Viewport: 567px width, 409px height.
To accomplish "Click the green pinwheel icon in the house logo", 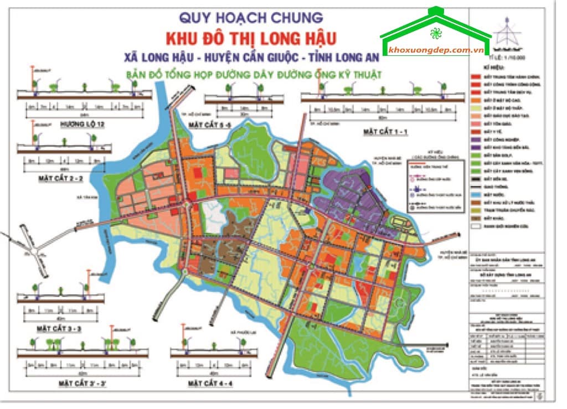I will tap(436, 32).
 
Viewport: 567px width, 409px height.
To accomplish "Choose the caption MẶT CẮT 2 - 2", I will tap(61, 179).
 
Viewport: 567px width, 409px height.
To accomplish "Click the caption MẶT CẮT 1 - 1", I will tap(385, 132).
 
